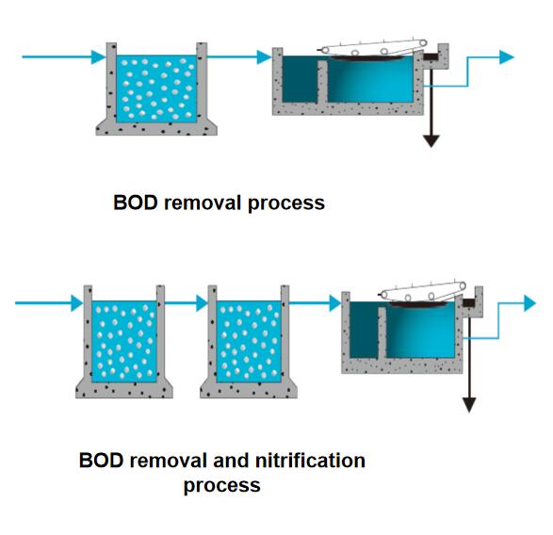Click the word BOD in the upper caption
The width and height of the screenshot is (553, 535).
pos(135,203)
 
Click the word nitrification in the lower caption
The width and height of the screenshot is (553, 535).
pos(310,461)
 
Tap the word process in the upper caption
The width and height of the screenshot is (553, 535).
pos(286,204)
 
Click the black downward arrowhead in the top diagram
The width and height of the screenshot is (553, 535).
pos(431,140)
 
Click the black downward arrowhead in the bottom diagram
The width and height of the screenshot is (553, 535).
pos(469,404)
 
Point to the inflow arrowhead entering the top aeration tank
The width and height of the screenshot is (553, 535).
pos(98,57)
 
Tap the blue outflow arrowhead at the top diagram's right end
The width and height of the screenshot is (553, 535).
pos(507,57)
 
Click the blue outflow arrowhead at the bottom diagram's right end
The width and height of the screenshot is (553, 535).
pos(530,303)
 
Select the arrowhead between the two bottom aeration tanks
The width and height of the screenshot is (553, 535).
pos(203,303)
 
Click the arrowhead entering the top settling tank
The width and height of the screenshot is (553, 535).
pos(264,57)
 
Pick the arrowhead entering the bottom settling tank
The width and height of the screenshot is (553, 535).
pos(335,303)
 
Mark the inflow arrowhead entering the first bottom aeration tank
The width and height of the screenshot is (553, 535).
pos(77,303)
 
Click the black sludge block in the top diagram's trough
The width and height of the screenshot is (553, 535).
pos(431,57)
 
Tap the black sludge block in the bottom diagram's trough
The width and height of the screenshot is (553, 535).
pos(469,302)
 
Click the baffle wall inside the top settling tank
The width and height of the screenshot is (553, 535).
pos(322,82)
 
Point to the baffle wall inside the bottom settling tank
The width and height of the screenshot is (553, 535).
pos(382,332)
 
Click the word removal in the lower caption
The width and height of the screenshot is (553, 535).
pos(168,461)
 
